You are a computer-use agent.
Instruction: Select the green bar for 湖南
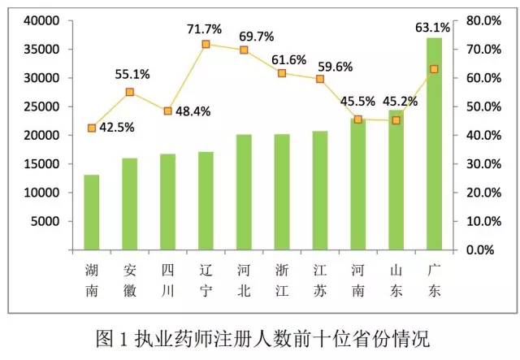pyautogui.click(x=92, y=211)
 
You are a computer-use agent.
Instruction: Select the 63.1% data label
pyautogui.click(x=431, y=28)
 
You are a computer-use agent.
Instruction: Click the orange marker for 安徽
pyautogui.click(x=130, y=92)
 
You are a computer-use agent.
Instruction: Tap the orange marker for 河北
pyautogui.click(x=244, y=50)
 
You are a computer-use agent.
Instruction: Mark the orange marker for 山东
pyautogui.click(x=396, y=120)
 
